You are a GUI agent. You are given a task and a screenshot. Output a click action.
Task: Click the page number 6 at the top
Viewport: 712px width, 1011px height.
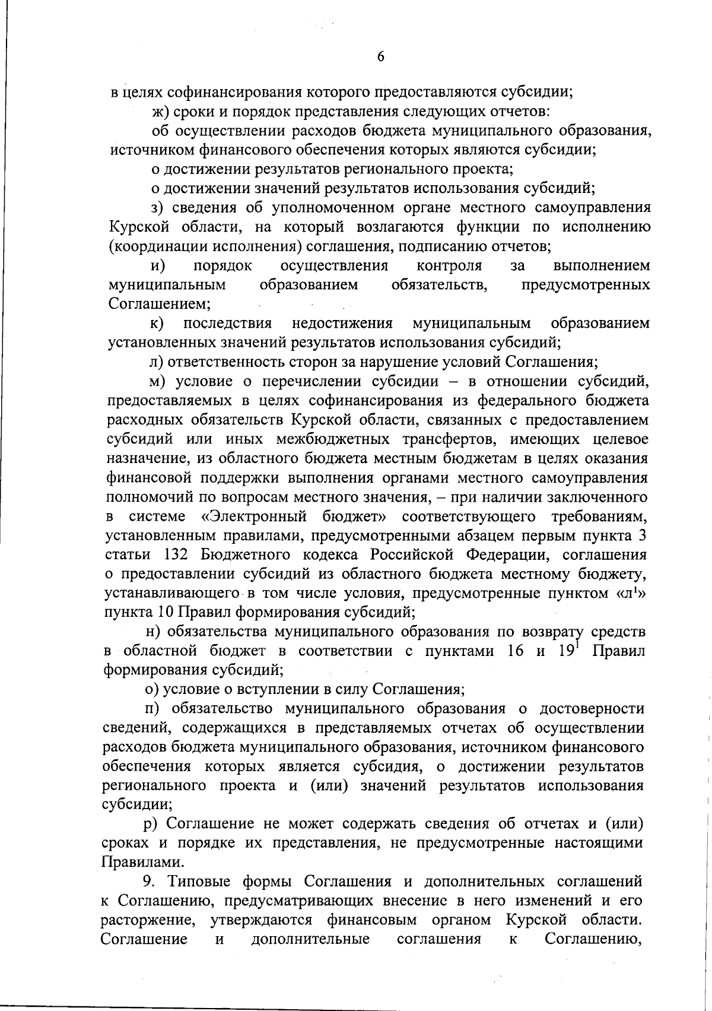[380, 56]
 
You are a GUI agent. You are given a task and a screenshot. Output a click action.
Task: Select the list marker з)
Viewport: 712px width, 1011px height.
[157, 208]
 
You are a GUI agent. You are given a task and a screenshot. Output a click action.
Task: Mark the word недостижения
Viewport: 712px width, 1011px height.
[342, 324]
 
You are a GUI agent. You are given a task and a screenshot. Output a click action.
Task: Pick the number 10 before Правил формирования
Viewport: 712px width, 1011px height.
[164, 612]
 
